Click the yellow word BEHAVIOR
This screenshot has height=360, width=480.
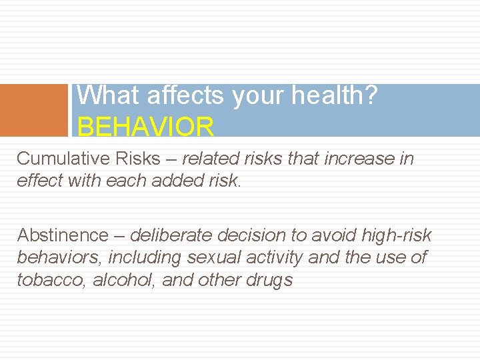[146, 125]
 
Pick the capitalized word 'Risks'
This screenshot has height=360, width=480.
[137, 159]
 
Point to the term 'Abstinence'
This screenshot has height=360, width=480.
[62, 235]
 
